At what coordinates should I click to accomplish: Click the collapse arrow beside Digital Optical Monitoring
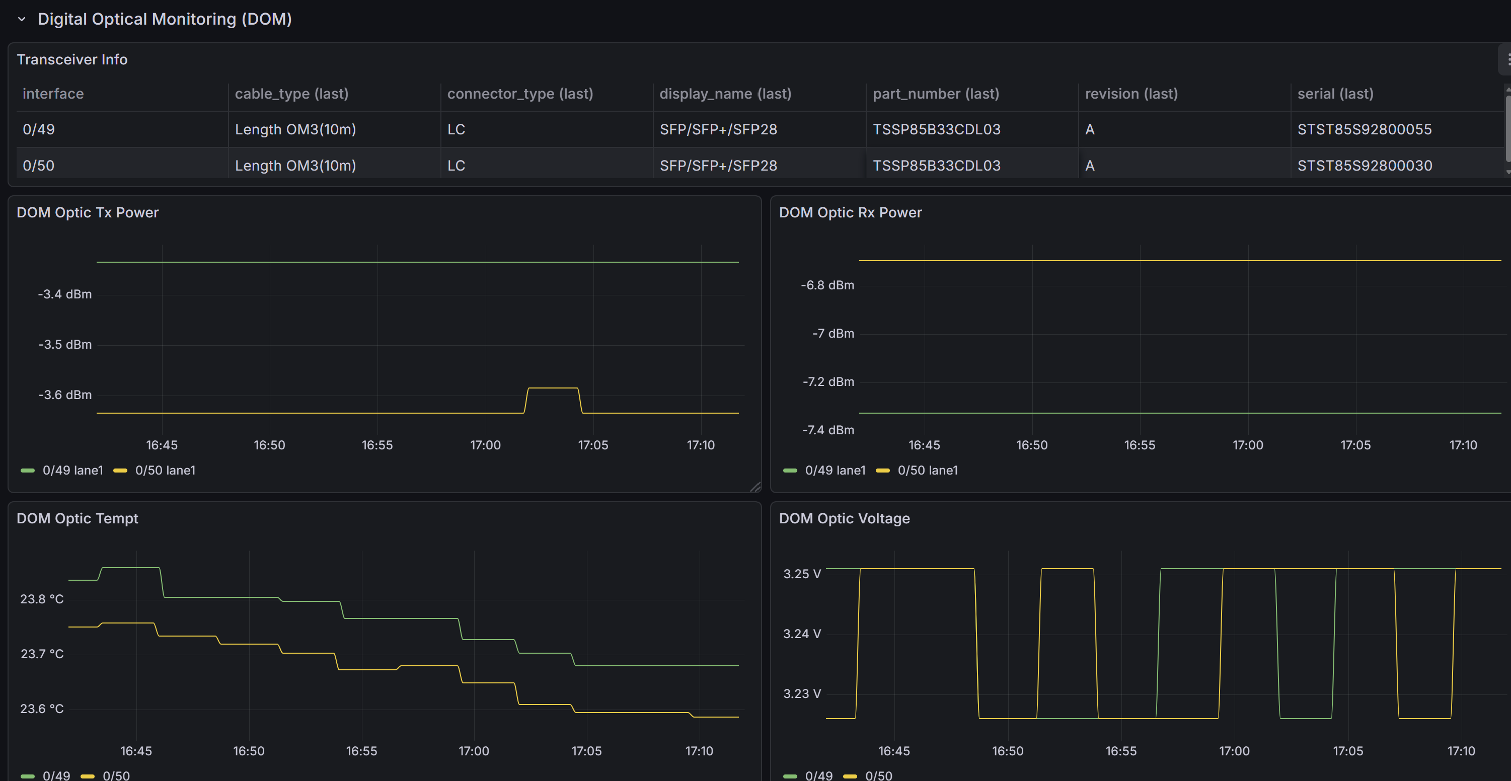point(22,19)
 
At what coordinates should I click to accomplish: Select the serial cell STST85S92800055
point(1365,130)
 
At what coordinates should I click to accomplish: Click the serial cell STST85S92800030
point(1365,166)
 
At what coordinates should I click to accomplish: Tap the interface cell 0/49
point(39,130)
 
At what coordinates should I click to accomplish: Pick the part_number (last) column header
point(936,94)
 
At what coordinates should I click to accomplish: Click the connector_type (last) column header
point(520,94)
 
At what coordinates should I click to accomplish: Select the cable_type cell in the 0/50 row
point(295,166)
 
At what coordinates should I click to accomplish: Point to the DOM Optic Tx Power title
point(88,212)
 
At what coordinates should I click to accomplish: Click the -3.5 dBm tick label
point(65,345)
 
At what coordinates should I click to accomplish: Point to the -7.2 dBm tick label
point(828,382)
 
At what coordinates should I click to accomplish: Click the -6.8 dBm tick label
point(827,285)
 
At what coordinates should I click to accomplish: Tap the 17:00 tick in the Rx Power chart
point(1248,445)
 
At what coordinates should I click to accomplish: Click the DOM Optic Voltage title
point(844,518)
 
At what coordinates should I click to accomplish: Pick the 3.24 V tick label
point(802,634)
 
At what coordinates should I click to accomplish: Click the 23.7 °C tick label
point(42,654)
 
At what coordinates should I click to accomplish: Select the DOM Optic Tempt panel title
point(78,518)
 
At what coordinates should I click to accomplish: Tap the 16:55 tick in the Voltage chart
point(1121,751)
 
